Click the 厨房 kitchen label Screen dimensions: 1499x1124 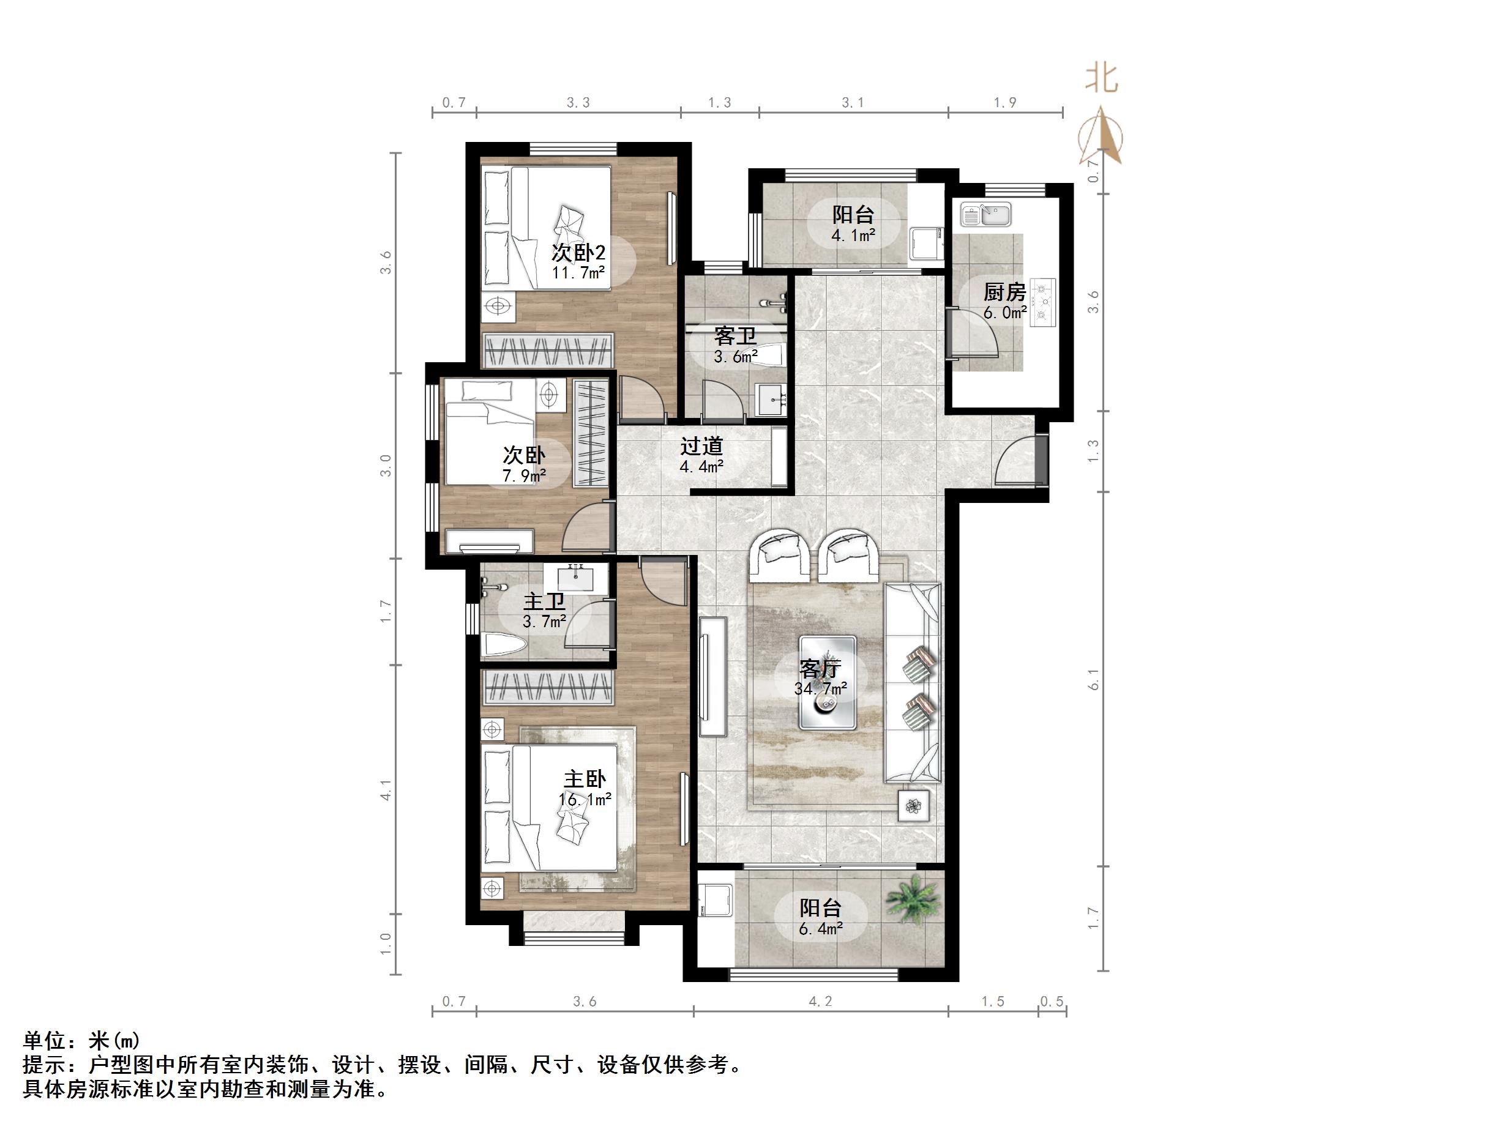click(x=1004, y=292)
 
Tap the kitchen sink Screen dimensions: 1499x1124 click(x=985, y=215)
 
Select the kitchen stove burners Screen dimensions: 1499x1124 click(x=1043, y=302)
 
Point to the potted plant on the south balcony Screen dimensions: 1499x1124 click(x=913, y=898)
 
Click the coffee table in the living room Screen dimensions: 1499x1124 click(x=828, y=682)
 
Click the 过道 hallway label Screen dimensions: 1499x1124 click(x=702, y=447)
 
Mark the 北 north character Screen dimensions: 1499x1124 click(x=1101, y=78)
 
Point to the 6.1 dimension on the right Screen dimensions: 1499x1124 click(x=1093, y=679)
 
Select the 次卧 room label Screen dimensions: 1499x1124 click(x=524, y=455)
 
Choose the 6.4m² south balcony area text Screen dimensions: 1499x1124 click(x=821, y=929)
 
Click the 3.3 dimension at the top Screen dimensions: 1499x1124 click(x=578, y=102)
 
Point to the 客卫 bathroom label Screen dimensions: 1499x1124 click(x=735, y=336)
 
